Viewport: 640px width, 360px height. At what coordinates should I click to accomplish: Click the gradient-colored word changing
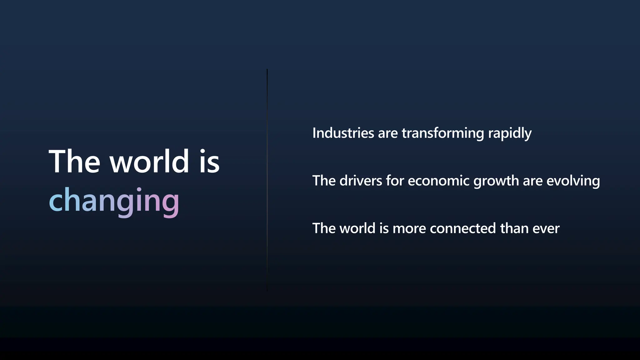(114, 201)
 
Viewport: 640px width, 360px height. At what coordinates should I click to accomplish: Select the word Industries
(343, 133)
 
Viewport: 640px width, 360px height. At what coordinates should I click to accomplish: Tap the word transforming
(443, 133)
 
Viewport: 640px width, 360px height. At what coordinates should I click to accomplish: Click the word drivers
(361, 181)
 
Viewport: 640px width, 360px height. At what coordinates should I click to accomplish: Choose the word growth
(496, 181)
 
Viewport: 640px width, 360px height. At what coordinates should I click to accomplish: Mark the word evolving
(573, 181)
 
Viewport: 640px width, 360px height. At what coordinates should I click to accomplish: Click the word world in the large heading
(149, 162)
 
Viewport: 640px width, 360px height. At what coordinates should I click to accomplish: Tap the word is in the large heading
(210, 162)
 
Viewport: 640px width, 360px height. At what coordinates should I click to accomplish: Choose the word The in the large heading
(74, 162)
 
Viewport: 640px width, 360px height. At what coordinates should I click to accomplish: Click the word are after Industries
(388, 133)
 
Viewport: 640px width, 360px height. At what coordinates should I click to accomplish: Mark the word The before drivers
(324, 181)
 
